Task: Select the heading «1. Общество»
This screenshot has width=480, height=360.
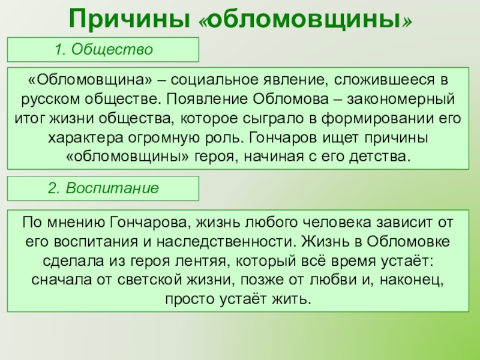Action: [103, 49]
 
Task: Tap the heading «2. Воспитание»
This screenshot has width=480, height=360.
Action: [103, 188]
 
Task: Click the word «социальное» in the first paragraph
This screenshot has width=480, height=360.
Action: [215, 80]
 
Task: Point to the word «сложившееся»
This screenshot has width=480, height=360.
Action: [384, 80]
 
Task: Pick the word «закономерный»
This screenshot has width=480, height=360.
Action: [401, 99]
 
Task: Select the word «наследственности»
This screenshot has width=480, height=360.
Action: [227, 242]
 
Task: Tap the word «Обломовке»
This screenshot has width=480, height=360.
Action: [409, 242]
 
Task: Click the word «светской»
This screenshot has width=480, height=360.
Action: [149, 280]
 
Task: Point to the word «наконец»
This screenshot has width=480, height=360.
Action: [412, 280]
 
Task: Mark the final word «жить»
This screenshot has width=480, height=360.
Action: [292, 299]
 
